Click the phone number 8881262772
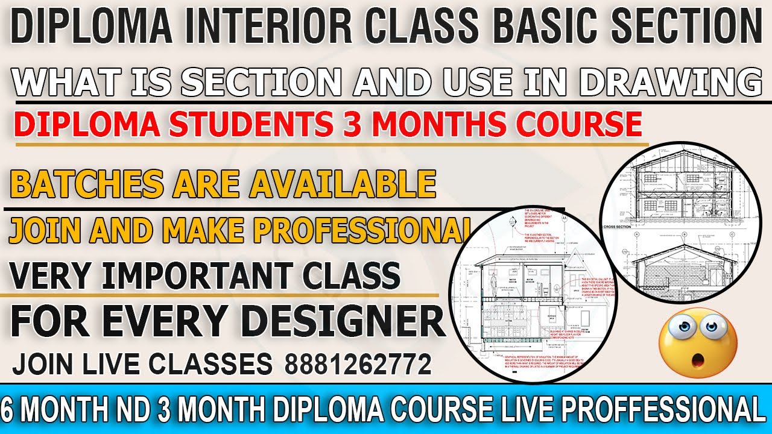coord(358,364)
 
